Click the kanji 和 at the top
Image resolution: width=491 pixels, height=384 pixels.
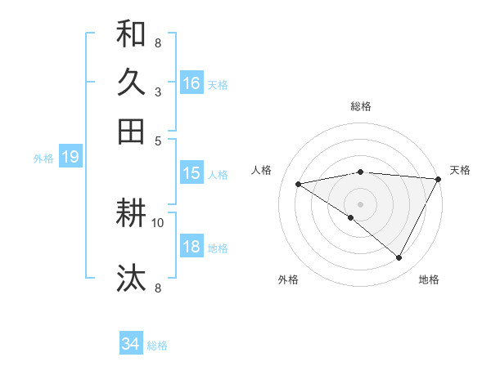pyautogui.click(x=131, y=34)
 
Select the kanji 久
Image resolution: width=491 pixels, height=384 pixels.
pyautogui.click(x=131, y=83)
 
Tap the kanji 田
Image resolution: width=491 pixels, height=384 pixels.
pyautogui.click(x=131, y=131)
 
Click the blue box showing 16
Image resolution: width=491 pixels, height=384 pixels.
pyautogui.click(x=191, y=83)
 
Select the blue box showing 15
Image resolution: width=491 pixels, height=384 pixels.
pyautogui.click(x=191, y=173)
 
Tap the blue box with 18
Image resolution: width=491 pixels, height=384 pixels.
pyautogui.click(x=191, y=248)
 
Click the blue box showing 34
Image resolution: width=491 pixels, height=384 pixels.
pyautogui.click(x=131, y=344)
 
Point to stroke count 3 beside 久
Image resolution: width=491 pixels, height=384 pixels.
pyautogui.click(x=157, y=92)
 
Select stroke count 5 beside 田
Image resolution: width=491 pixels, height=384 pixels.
pyautogui.click(x=158, y=141)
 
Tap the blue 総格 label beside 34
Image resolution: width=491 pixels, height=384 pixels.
pyautogui.click(x=157, y=346)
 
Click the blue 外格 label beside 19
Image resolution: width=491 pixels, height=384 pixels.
pyautogui.click(x=43, y=159)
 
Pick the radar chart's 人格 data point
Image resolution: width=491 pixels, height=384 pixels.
pyautogui.click(x=298, y=184)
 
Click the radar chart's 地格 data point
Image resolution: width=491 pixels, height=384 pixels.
pyautogui.click(x=399, y=258)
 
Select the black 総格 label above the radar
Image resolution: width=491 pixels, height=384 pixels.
pyautogui.click(x=360, y=106)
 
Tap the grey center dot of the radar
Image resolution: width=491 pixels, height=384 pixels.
pyautogui.click(x=360, y=203)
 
